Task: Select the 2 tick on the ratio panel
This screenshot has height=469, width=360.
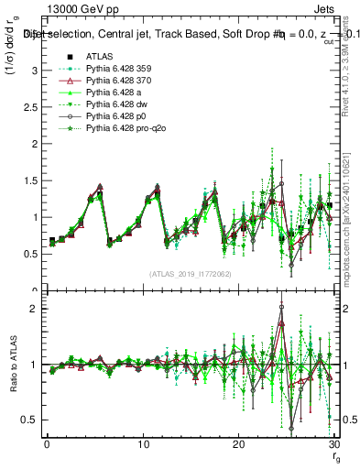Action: pos(34,309)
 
